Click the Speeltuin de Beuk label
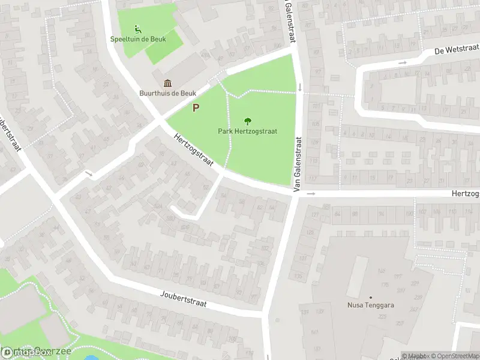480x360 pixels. [x=138, y=39]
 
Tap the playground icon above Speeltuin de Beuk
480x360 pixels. [x=138, y=28]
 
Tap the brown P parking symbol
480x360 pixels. [x=196, y=108]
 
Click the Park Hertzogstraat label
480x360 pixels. [x=247, y=131]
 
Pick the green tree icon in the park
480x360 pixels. [x=248, y=121]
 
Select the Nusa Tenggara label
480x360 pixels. [x=371, y=305]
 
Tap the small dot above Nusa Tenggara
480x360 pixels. [x=371, y=297]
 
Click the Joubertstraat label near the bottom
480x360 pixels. [x=184, y=299]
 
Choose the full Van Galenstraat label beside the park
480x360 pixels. [x=297, y=163]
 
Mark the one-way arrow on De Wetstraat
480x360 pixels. [x=403, y=62]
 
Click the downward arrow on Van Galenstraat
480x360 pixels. [x=300, y=88]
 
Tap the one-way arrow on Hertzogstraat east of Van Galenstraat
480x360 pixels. [x=311, y=194]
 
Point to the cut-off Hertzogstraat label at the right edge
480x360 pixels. [x=466, y=194]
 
